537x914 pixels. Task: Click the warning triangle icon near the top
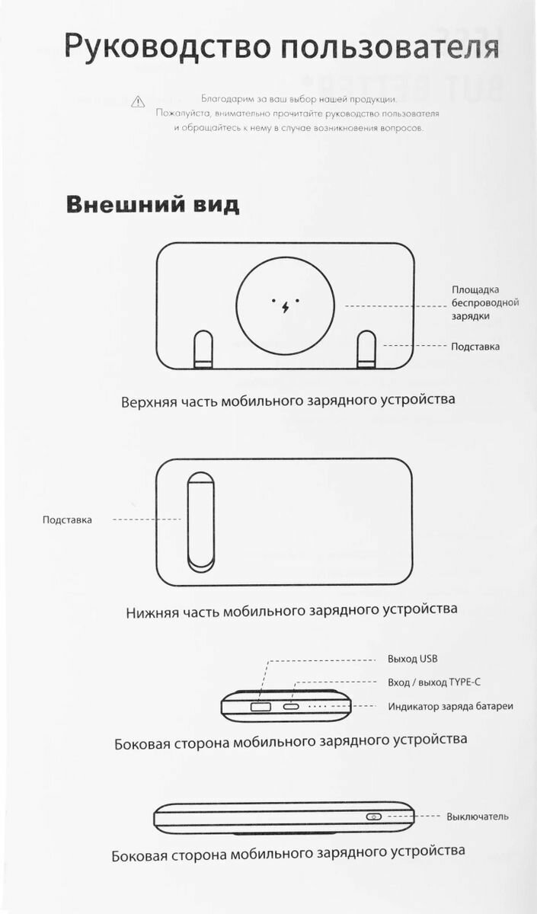[x=137, y=101]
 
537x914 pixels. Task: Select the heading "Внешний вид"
[x=152, y=205]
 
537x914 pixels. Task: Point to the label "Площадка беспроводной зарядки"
[x=485, y=302]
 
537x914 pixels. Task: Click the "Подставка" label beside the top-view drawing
[x=475, y=347]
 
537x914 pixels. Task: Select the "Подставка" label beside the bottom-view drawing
[x=67, y=520]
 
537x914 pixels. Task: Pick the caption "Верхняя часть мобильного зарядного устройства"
[x=288, y=400]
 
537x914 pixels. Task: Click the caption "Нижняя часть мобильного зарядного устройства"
[x=292, y=610]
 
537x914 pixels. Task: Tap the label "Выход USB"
[x=412, y=659]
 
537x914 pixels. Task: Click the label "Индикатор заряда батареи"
[x=450, y=706]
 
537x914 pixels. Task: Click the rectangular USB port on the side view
[x=259, y=708]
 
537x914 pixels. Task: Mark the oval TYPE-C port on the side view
[x=292, y=708]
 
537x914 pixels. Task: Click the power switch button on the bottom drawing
[x=373, y=817]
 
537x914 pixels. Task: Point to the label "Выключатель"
[x=478, y=817]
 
